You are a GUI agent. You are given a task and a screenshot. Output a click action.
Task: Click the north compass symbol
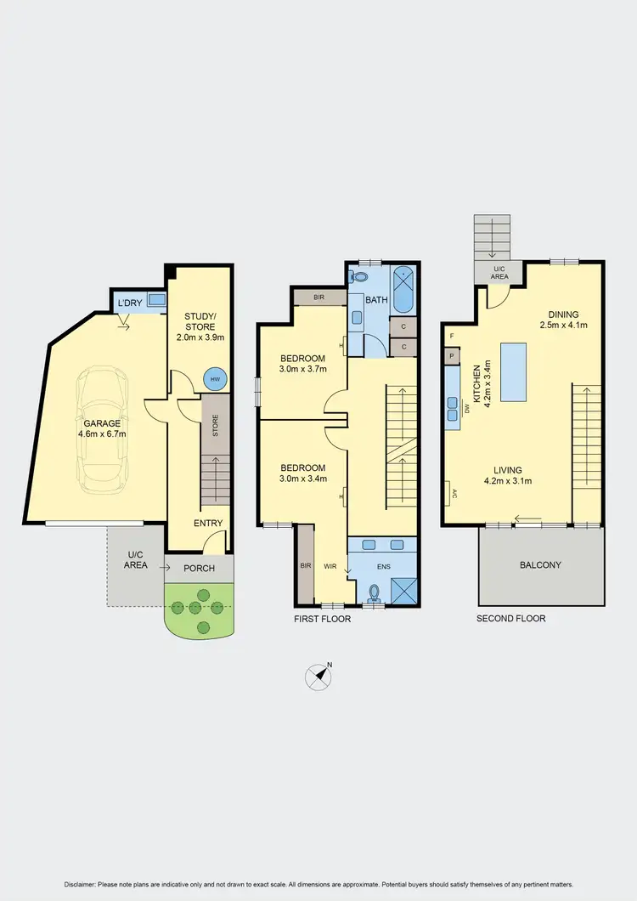[x=318, y=677]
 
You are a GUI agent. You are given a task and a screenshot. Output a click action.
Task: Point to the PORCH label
[x=199, y=568]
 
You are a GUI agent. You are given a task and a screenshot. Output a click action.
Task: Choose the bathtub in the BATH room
[x=404, y=290]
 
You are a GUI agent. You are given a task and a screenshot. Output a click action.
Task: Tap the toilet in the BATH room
[x=357, y=277]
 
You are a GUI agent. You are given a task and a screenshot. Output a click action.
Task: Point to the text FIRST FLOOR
[x=323, y=619]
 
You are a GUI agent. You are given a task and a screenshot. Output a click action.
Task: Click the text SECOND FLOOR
[x=510, y=619]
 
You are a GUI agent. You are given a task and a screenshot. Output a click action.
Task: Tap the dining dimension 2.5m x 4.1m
[x=565, y=325]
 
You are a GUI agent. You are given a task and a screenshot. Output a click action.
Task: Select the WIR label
[x=330, y=564]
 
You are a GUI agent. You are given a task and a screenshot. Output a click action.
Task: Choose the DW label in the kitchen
[x=466, y=409]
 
